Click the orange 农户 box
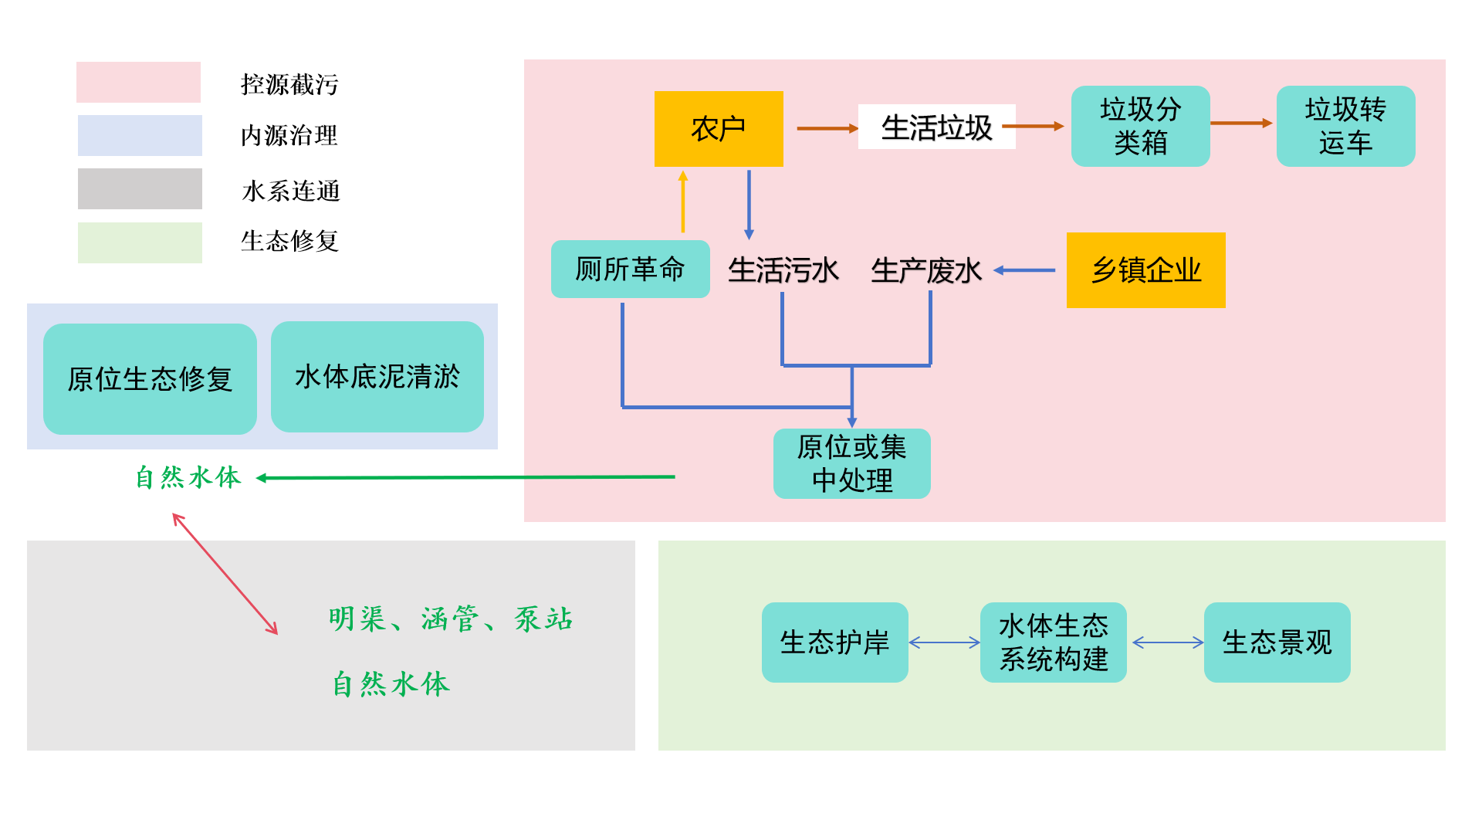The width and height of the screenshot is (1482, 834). (x=718, y=128)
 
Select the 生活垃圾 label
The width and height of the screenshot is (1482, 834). (x=936, y=127)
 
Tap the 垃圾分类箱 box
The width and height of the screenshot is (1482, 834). (x=1140, y=126)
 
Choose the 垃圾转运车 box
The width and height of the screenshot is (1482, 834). (x=1345, y=126)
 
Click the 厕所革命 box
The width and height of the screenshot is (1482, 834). (x=630, y=269)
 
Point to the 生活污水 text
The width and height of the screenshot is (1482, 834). (x=783, y=270)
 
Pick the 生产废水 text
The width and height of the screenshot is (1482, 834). (x=925, y=270)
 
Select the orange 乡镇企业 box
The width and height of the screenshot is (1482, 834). (x=1145, y=270)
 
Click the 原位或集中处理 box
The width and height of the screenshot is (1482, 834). (x=851, y=463)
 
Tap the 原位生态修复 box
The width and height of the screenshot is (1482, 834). (x=150, y=378)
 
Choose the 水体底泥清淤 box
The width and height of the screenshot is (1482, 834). (x=377, y=377)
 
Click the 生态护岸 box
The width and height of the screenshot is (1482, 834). (x=834, y=642)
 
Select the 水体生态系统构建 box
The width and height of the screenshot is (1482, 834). (x=1053, y=642)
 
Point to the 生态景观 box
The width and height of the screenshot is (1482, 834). (x=1277, y=642)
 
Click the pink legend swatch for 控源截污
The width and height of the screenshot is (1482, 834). (x=138, y=82)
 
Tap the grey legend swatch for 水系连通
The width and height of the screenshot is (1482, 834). (x=140, y=188)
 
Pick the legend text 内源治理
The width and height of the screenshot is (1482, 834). (x=289, y=136)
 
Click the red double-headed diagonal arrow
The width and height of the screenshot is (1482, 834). (x=225, y=574)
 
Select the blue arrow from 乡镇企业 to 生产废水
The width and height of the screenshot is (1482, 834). (x=1024, y=270)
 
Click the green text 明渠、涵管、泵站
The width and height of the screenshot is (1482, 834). (x=450, y=619)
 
